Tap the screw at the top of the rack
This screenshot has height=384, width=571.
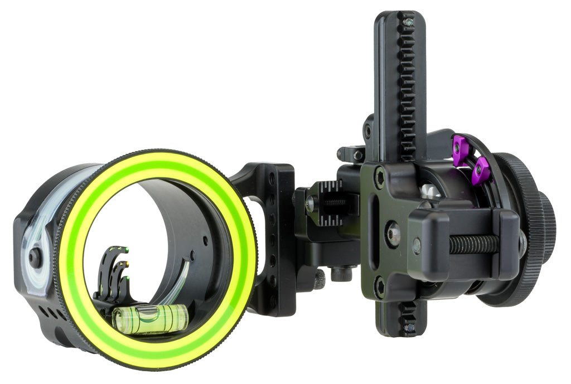point(409,22)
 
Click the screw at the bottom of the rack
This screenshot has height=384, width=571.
point(409,327)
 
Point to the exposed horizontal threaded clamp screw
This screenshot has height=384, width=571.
point(474,244)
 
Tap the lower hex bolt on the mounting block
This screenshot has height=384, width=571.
point(380,288)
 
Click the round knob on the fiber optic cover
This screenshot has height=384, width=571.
point(35,256)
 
